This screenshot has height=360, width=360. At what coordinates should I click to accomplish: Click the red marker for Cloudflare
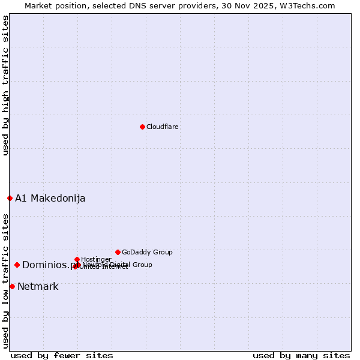point(142,127)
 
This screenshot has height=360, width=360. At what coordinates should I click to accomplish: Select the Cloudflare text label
point(163,127)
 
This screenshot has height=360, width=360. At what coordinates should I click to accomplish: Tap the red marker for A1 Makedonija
point(10,198)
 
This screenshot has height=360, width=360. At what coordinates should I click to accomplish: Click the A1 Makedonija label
point(50,199)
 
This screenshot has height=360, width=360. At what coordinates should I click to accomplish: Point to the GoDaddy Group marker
point(118,252)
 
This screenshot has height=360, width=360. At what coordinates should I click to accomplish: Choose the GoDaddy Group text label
point(147,253)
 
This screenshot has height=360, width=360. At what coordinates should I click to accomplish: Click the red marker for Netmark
point(12,286)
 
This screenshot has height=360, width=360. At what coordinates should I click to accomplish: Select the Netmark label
point(38,287)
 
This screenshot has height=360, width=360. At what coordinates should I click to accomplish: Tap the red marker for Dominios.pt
point(17,265)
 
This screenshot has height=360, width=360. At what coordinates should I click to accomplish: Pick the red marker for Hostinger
point(77,259)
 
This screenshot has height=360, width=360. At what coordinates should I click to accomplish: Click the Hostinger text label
point(96,260)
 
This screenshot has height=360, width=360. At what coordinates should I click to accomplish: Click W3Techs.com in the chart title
point(310,6)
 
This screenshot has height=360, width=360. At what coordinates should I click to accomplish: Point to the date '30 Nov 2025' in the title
point(257,6)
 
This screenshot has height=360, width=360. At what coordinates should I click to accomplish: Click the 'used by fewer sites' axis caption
point(62,356)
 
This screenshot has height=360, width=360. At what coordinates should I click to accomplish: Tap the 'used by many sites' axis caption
point(301,356)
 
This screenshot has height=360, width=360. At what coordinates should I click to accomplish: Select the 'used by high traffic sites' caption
point(5,85)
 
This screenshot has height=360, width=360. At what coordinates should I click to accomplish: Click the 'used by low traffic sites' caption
point(5,281)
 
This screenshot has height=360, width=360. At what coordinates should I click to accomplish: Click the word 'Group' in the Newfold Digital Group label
point(142,265)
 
